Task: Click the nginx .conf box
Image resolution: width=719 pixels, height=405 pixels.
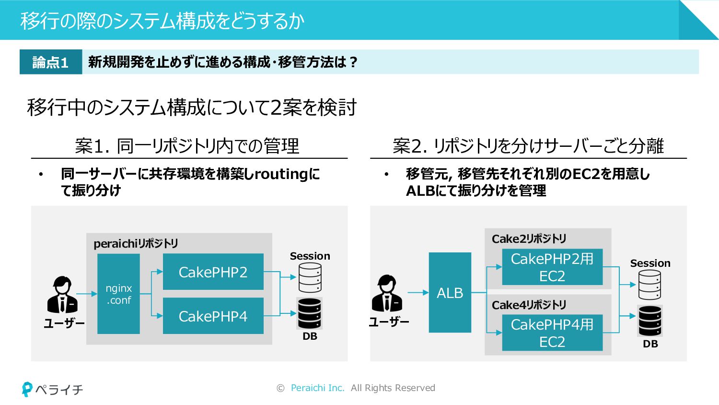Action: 118,294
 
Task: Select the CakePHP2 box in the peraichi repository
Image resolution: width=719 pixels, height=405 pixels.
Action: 213,272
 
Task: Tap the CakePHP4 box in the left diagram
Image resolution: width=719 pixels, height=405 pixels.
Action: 213,316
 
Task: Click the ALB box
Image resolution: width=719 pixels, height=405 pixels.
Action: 450,293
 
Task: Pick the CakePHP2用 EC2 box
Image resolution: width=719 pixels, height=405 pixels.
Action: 552,267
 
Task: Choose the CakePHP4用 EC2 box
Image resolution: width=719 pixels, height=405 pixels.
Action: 552,333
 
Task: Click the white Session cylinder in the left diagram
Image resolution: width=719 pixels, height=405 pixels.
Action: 310,277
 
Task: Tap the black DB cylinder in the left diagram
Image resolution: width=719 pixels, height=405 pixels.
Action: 310,313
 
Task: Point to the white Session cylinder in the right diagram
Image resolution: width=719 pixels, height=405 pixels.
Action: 649,285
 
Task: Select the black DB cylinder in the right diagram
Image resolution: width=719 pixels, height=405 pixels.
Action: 650,321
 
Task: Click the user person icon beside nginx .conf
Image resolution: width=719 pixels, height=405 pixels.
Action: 62,295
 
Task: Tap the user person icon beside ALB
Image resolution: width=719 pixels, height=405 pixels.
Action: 387,293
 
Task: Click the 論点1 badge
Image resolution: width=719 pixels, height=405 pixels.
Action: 51,62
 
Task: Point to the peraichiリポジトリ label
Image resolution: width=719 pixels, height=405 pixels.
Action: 136,244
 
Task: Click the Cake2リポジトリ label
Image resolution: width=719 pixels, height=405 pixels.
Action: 529,239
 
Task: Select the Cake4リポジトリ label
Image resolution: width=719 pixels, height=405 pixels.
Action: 529,305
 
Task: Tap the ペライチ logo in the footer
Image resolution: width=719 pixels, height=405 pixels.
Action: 52,389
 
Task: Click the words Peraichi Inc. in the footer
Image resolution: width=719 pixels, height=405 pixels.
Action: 317,388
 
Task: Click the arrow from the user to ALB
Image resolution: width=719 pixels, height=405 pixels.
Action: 418,293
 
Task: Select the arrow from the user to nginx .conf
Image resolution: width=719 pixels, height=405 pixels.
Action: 87,294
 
